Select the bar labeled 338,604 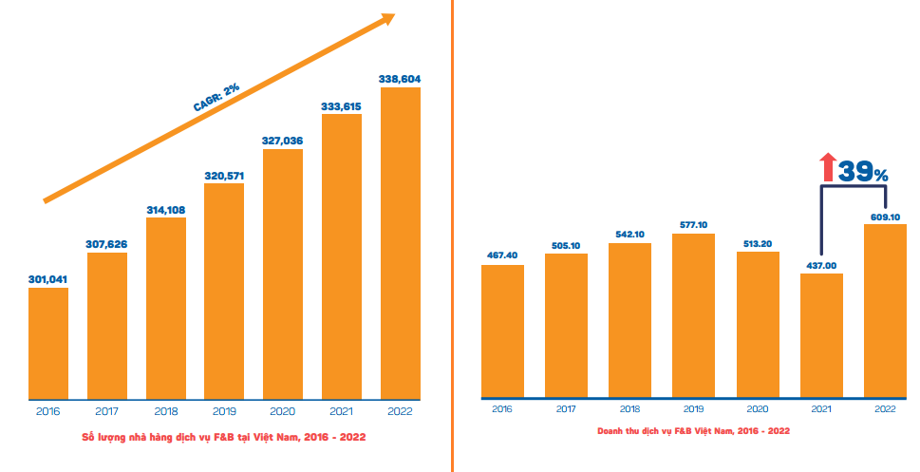pos(400,242)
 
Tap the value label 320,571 pos(224,176)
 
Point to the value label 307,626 pos(106,244)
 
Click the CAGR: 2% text pos(216,97)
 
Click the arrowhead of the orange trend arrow pos(385,20)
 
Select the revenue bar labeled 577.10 pos(693,314)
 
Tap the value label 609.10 pos(885,217)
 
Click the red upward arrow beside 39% pos(828,168)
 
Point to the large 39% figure pos(864,171)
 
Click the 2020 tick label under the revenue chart pos(757,408)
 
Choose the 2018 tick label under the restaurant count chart pos(165,411)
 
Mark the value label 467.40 pos(502,255)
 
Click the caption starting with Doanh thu pos(693,431)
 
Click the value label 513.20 pos(758,243)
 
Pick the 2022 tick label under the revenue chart pos(885,408)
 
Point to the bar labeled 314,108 pos(166,308)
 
